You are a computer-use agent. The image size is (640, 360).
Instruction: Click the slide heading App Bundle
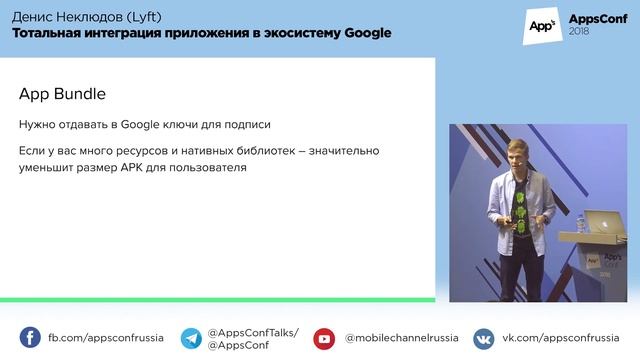(x=62, y=93)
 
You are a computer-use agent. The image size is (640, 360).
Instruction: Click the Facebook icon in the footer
(x=30, y=338)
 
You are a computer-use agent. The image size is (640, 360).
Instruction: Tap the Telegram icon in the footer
(x=191, y=338)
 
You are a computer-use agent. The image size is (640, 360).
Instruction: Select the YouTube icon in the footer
(x=325, y=338)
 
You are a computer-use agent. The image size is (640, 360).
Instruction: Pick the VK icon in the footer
(x=484, y=338)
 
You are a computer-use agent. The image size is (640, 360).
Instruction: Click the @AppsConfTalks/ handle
(x=252, y=332)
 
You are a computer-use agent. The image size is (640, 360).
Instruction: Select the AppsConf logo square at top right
(x=541, y=25)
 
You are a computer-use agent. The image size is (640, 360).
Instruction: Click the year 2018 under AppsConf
(x=579, y=33)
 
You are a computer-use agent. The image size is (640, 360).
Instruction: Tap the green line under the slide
(x=217, y=299)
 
